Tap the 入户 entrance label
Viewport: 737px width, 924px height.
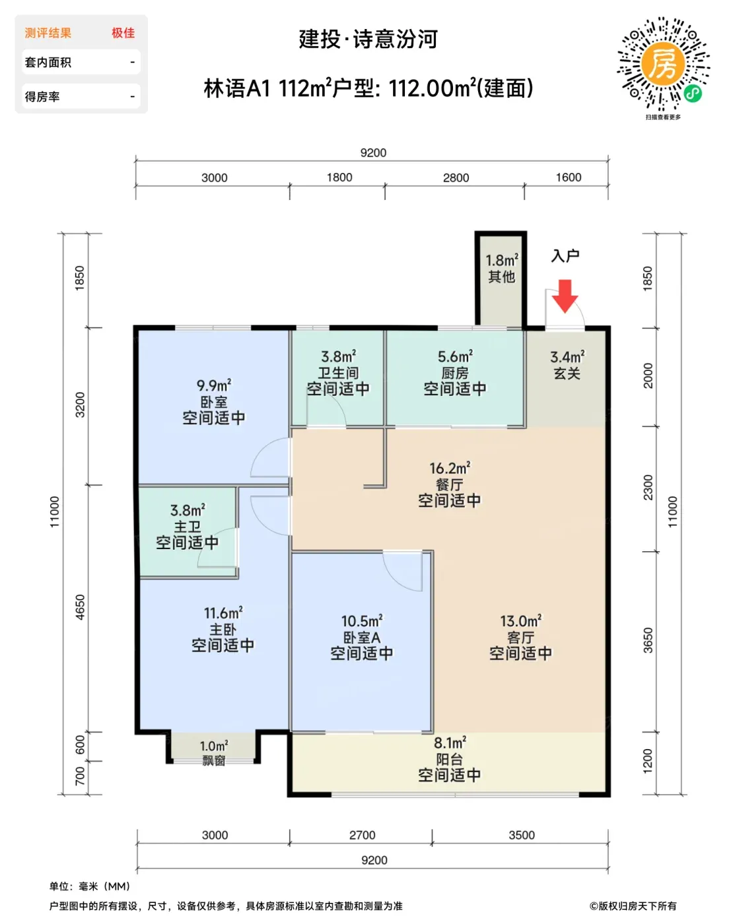[565, 256]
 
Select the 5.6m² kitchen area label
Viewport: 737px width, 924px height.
[455, 356]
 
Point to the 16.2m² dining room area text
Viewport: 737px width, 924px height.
[450, 468]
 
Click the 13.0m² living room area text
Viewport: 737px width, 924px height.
[520, 621]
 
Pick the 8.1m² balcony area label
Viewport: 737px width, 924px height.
[450, 742]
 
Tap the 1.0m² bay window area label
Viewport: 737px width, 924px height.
[213, 746]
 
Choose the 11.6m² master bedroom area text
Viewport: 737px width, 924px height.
[223, 612]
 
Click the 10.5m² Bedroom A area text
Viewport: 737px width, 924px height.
[361, 621]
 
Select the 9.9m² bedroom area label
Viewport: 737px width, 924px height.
[213, 385]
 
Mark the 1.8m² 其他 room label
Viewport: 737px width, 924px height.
[501, 269]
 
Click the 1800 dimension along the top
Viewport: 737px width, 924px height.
[339, 178]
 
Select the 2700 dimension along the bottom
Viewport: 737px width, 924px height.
[362, 835]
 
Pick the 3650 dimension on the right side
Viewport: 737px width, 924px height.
[648, 641]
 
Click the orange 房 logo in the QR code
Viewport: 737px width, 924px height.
[662, 64]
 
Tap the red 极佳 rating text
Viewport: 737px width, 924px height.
[123, 33]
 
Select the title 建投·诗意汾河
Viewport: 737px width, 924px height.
[368, 39]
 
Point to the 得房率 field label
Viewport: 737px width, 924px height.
[42, 96]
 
